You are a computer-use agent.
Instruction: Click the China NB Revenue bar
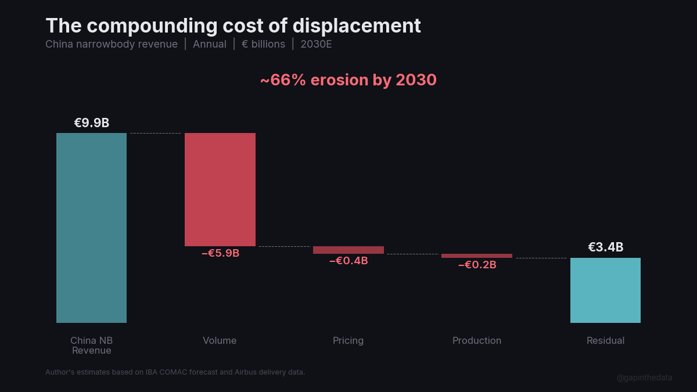(91, 228)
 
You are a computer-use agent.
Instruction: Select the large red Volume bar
(220, 189)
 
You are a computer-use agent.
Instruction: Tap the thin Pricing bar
(348, 250)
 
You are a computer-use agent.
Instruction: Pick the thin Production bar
(477, 256)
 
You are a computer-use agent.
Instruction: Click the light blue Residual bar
(605, 290)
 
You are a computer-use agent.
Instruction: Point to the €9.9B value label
(91, 123)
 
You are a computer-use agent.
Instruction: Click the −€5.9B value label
(220, 253)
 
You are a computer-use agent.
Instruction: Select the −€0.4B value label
(348, 261)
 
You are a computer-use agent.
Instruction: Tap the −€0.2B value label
(477, 265)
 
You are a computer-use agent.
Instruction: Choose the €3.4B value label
(605, 247)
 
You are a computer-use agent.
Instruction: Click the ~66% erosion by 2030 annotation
(348, 80)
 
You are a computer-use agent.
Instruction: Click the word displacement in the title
(357, 26)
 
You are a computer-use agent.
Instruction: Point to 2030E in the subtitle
(316, 44)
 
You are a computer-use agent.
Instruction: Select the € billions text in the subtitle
(263, 44)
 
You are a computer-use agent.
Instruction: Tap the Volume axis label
(220, 340)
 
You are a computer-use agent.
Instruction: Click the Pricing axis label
(348, 340)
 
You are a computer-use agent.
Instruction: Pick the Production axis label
(477, 340)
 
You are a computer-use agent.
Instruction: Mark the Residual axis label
(605, 340)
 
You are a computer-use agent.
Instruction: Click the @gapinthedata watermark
(644, 377)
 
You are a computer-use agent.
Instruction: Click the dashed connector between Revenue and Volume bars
(156, 133)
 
